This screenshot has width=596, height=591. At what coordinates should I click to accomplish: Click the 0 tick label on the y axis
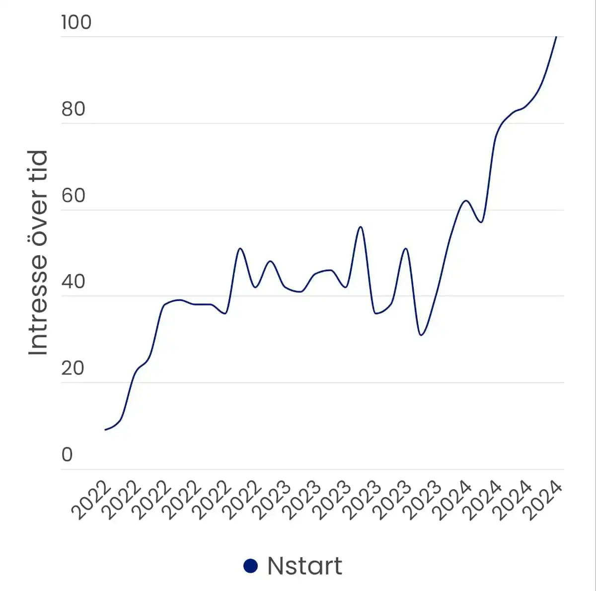click(x=67, y=454)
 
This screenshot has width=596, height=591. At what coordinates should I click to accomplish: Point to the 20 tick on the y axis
click(x=73, y=369)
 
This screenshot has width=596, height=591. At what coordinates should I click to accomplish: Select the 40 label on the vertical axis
click(x=73, y=282)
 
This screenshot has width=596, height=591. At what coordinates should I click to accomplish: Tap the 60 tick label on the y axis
click(x=74, y=195)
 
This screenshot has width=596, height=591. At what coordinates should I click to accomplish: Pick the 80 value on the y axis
click(x=74, y=109)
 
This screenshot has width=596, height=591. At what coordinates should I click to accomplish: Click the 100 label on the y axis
click(x=76, y=22)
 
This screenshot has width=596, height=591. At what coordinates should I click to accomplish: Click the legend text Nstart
click(x=304, y=566)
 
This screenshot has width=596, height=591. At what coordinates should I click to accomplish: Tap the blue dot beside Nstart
click(x=251, y=566)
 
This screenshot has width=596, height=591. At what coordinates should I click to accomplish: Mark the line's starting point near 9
click(x=105, y=430)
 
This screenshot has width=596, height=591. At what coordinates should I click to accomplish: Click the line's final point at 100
click(x=556, y=37)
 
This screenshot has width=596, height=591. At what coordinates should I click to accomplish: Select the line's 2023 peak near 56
click(x=361, y=227)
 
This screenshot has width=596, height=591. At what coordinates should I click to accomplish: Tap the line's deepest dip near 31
click(x=421, y=335)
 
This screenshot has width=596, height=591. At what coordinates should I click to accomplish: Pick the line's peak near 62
click(x=466, y=201)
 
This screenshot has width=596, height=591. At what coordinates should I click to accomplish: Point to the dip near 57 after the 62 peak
click(x=481, y=222)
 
